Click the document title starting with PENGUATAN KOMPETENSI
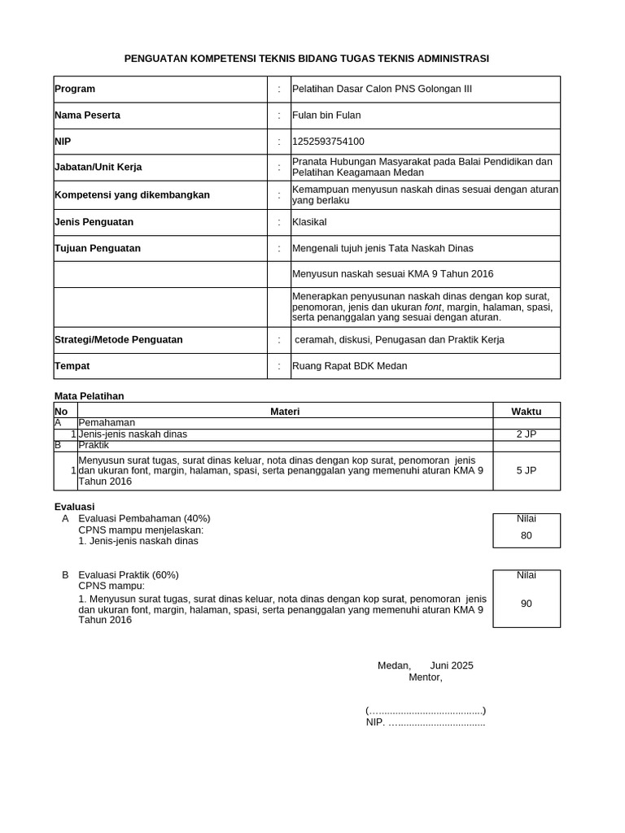click(x=306, y=59)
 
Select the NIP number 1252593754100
click(x=328, y=142)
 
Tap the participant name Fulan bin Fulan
click(x=326, y=116)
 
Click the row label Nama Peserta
click(x=87, y=116)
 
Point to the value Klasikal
click(x=310, y=222)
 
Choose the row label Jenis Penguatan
click(x=94, y=222)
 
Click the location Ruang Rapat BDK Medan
click(x=350, y=366)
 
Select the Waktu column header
click(x=526, y=412)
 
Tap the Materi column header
click(x=285, y=412)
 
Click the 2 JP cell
click(x=526, y=434)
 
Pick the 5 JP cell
click(x=526, y=470)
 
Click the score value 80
click(x=526, y=536)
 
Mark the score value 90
click(x=526, y=604)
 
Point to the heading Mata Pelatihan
click(x=89, y=396)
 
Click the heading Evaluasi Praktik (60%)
click(x=129, y=575)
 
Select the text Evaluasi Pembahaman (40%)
click(x=144, y=518)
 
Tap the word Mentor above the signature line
click(x=425, y=677)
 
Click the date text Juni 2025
click(x=451, y=665)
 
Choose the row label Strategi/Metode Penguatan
click(x=118, y=339)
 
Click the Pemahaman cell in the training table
click(x=107, y=423)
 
